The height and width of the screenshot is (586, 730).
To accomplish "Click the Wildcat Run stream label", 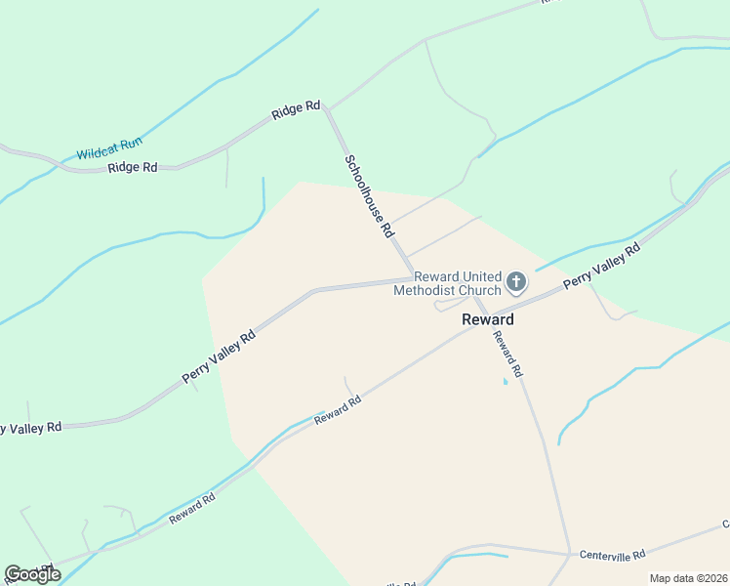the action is tap(109, 148).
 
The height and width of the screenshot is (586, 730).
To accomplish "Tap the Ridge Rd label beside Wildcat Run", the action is tap(133, 167).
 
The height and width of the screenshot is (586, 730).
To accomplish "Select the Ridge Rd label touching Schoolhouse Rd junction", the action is tap(296, 109).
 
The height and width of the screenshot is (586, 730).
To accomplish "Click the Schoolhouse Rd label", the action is tap(368, 196).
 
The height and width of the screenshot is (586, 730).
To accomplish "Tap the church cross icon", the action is tap(516, 282).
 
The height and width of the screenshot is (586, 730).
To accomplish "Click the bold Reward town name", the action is tap(487, 319).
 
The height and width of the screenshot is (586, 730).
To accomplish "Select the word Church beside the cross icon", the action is tap(479, 290).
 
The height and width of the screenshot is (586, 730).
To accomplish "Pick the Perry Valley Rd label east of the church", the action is tap(601, 266).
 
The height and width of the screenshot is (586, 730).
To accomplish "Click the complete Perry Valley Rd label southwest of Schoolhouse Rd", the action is tap(219, 355).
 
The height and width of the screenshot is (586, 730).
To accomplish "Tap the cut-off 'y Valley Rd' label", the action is tap(31, 428).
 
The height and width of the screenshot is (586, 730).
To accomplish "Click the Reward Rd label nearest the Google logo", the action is tap(191, 509).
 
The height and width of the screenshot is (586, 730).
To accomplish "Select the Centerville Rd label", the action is tap(612, 555).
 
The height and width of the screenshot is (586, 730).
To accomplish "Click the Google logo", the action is tap(32, 574).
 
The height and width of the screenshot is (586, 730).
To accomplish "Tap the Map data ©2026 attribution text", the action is tap(688, 578).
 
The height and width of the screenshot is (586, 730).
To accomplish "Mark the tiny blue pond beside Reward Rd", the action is tap(505, 381).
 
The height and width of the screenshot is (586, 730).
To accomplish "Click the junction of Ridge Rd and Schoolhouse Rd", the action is tap(328, 108).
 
